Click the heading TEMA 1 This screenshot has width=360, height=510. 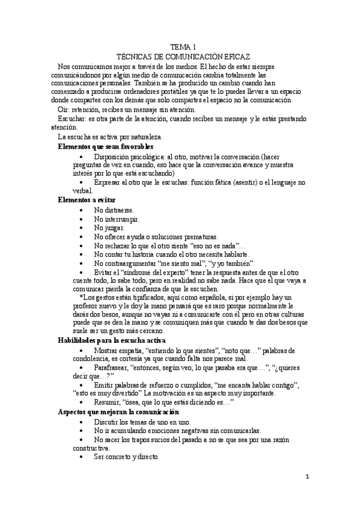183,46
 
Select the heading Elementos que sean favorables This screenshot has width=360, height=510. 106,146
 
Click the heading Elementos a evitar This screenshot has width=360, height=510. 87,199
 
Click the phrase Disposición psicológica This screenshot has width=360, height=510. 129,156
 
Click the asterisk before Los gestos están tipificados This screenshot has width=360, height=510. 81,298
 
